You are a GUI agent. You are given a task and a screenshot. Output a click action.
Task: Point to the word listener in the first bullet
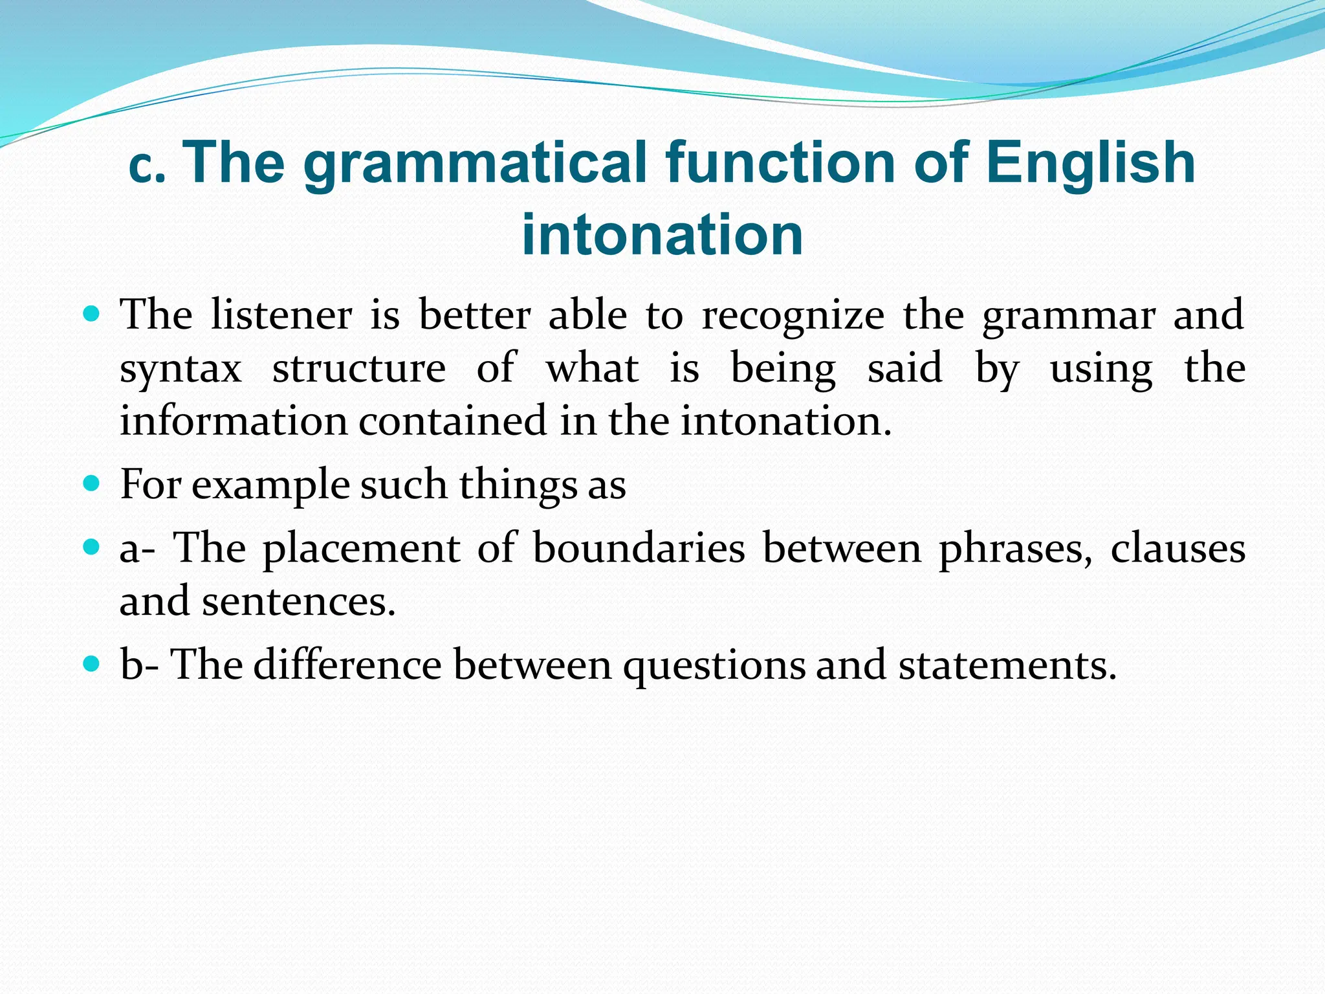pyautogui.click(x=281, y=316)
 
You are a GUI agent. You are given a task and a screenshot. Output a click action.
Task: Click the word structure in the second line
pyautogui.click(x=359, y=369)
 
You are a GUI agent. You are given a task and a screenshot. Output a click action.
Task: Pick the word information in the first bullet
pyautogui.click(x=234, y=421)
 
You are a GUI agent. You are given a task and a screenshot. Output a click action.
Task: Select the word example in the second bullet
pyautogui.click(x=270, y=486)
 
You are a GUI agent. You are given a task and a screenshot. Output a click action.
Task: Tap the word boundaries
pyautogui.click(x=639, y=549)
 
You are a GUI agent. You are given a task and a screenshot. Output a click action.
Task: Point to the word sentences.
pyautogui.click(x=298, y=602)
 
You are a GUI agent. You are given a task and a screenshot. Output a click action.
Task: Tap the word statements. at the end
pyautogui.click(x=1007, y=666)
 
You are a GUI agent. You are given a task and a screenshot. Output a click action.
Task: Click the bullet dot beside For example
pyautogui.click(x=92, y=483)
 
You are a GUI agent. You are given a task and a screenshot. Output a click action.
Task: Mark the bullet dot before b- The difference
pyautogui.click(x=92, y=663)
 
